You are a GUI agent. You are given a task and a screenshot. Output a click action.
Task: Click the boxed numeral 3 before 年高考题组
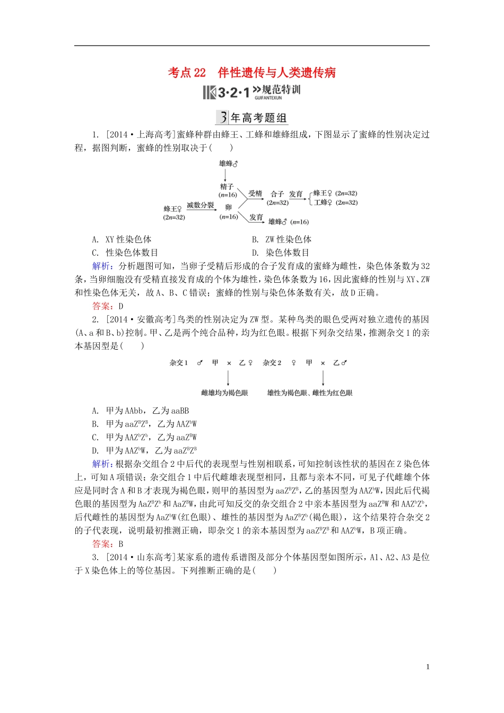tap(222, 118)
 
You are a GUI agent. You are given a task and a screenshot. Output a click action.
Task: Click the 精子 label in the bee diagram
tap(227, 187)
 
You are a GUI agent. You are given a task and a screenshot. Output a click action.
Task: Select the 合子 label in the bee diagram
tap(277, 194)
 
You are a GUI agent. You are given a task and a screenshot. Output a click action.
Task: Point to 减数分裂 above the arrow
tap(201, 205)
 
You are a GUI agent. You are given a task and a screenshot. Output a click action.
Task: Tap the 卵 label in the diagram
tap(228, 207)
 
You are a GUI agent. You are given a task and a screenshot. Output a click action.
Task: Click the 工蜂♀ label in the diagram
tap(323, 203)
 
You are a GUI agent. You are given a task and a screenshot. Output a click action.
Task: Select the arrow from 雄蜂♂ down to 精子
tap(226, 175)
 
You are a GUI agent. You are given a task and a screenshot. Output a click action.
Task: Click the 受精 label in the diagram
tap(255, 194)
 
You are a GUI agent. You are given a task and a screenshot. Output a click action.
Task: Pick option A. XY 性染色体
tap(121, 239)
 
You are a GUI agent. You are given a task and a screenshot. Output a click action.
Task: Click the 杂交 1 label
tap(178, 363)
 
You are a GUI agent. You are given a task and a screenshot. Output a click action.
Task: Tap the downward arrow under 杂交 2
tap(323, 378)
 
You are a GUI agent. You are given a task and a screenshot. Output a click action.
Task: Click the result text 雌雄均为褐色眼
tap(224, 393)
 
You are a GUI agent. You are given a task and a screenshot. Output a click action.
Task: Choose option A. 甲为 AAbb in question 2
tap(140, 411)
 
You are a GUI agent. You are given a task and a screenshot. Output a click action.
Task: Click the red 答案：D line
tap(108, 306)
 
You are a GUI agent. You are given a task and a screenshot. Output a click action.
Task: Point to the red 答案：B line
tap(108, 544)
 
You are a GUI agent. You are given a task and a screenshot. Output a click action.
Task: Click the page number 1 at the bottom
tap(428, 667)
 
